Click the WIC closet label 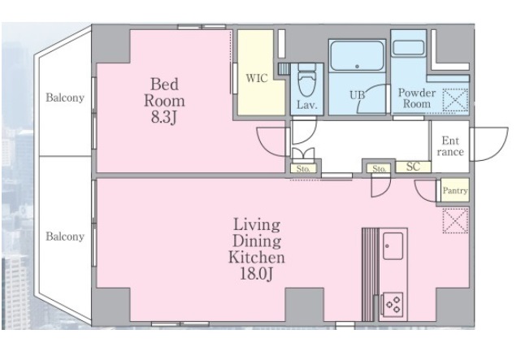click(x=257, y=78)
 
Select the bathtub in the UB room click(x=357, y=55)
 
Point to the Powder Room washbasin click(x=409, y=48)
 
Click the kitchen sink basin click(x=393, y=246)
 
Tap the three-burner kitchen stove click(x=393, y=305)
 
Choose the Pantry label click(x=455, y=190)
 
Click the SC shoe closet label click(x=413, y=167)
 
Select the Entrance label click(x=450, y=146)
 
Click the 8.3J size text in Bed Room click(x=163, y=117)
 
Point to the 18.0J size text click(x=257, y=274)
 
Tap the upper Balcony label click(x=65, y=98)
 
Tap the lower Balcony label click(x=65, y=236)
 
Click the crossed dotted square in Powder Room click(x=455, y=100)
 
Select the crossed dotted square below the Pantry click(x=455, y=220)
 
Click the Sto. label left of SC click(x=379, y=169)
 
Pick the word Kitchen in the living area click(x=257, y=257)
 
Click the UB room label click(x=358, y=95)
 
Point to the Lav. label click(x=307, y=105)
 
